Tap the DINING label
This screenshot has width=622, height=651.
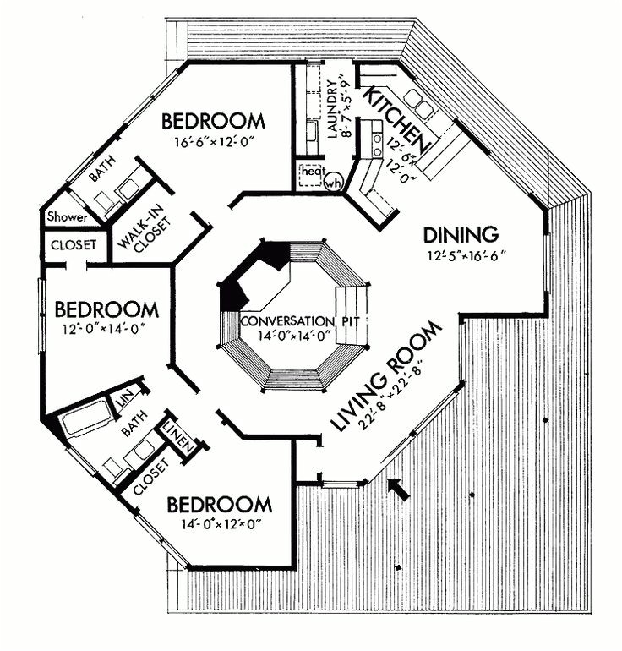click(x=461, y=233)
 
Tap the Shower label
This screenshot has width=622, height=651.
click(x=67, y=217)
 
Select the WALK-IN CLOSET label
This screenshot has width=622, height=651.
click(x=145, y=228)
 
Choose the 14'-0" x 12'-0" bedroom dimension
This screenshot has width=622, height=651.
click(x=220, y=524)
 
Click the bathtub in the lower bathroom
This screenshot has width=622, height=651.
click(x=85, y=419)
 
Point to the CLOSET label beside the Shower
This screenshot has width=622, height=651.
click(x=74, y=247)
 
